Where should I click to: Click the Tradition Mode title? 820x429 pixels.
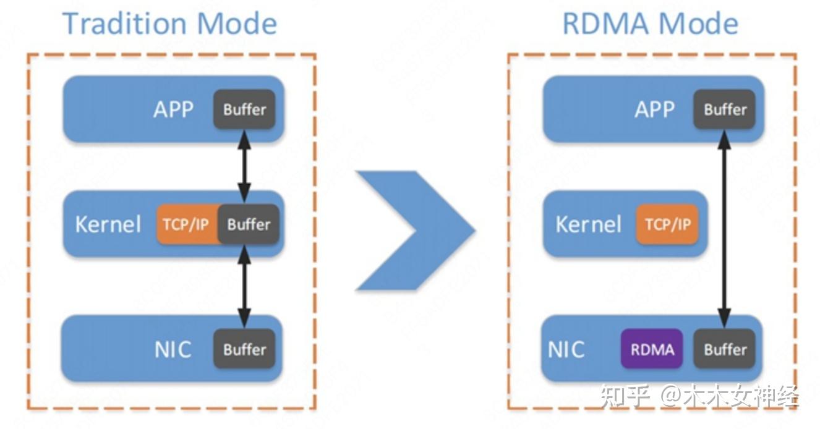(x=169, y=23)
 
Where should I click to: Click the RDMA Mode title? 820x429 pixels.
(x=650, y=23)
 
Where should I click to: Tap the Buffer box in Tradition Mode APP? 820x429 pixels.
(x=244, y=109)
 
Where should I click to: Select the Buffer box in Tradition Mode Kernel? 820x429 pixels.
(x=248, y=224)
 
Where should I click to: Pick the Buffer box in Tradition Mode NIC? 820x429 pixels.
(x=244, y=349)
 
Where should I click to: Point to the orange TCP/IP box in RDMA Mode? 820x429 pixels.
(x=667, y=224)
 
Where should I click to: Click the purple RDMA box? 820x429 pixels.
(x=652, y=349)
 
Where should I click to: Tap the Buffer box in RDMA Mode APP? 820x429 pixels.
(x=725, y=109)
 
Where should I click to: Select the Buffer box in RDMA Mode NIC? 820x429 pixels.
(x=725, y=349)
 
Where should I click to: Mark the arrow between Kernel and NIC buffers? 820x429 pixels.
(x=244, y=286)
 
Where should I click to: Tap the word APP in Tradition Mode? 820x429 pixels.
(x=173, y=110)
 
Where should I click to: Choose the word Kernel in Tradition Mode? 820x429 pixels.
(x=108, y=224)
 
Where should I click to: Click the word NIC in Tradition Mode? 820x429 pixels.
(x=173, y=350)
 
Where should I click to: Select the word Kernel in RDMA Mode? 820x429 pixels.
(x=588, y=224)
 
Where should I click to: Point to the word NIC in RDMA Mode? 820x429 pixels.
(x=566, y=350)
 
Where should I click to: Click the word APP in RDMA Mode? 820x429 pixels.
(x=654, y=110)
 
